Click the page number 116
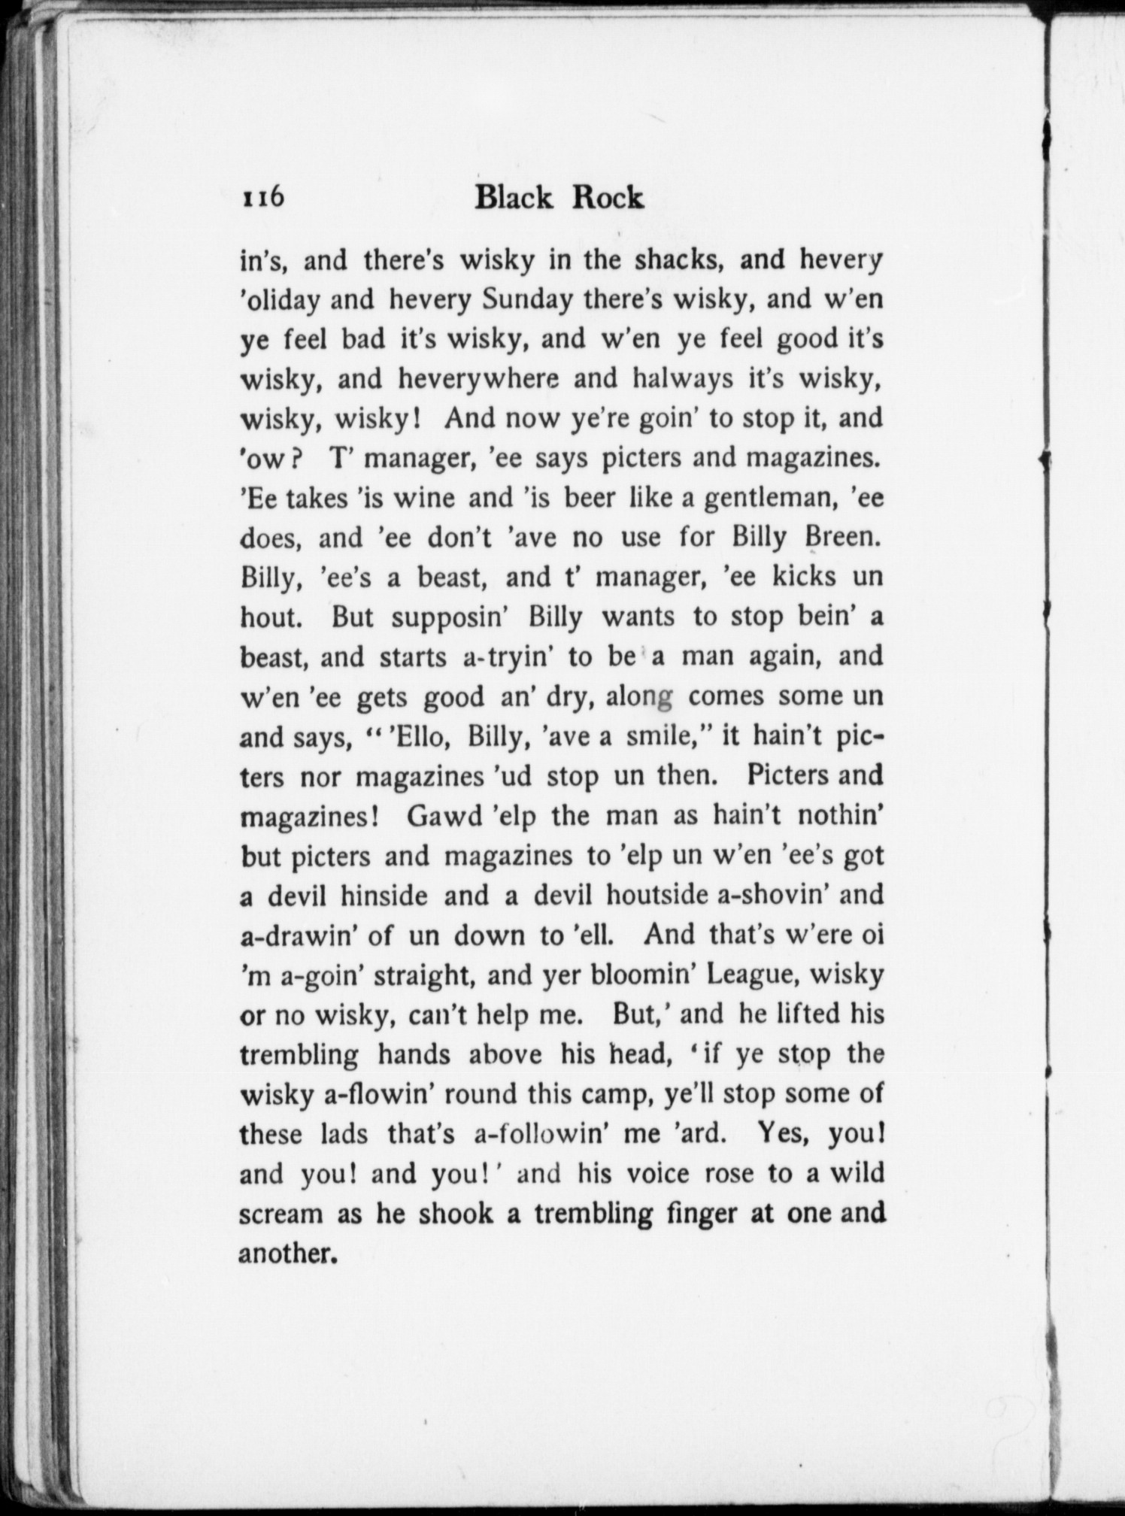(x=262, y=198)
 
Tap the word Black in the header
(x=515, y=198)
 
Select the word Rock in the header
(x=608, y=198)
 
